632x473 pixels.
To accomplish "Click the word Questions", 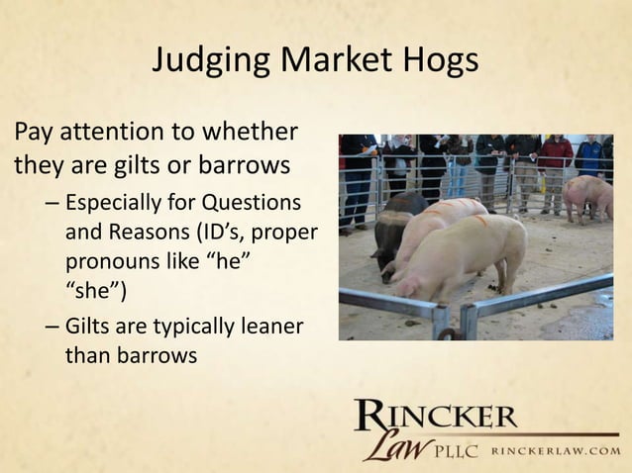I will point(257,205).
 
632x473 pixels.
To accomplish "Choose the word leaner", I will point(268,325).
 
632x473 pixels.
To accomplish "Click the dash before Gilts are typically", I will point(52,325).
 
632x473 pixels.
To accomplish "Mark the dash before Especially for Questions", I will point(52,205).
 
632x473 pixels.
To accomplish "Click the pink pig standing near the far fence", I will point(588,193).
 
